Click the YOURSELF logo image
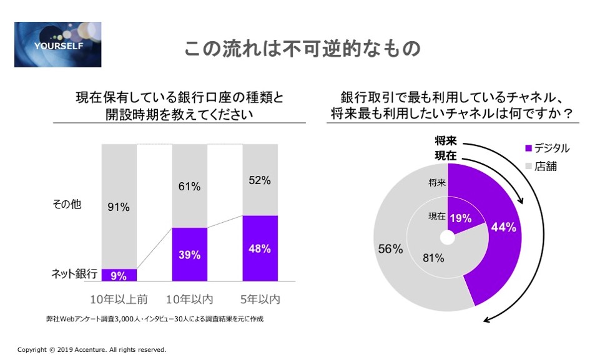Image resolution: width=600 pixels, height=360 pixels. point(57,44)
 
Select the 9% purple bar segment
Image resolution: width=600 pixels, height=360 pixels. point(119,275)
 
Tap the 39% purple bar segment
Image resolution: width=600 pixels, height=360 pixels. point(189,255)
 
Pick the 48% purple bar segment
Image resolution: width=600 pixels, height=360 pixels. point(259,248)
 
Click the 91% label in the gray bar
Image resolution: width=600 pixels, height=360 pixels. point(118,207)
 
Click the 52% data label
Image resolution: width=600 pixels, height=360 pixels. point(259,180)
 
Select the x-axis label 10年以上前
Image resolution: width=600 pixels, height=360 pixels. point(119,299)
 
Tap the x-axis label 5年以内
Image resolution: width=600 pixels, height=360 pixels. point(260,299)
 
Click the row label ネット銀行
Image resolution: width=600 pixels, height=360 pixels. point(74,274)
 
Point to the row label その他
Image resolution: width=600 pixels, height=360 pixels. point(67,204)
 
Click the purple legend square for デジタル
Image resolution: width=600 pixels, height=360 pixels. point(529,148)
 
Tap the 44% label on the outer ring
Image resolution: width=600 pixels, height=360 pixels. point(503,228)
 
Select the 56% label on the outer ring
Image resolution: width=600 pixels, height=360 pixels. point(390,248)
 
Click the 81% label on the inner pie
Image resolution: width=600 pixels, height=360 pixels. point(432,257)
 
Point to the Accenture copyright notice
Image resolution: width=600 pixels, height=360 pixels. point(91,350)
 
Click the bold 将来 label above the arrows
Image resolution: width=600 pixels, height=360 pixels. point(446,141)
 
